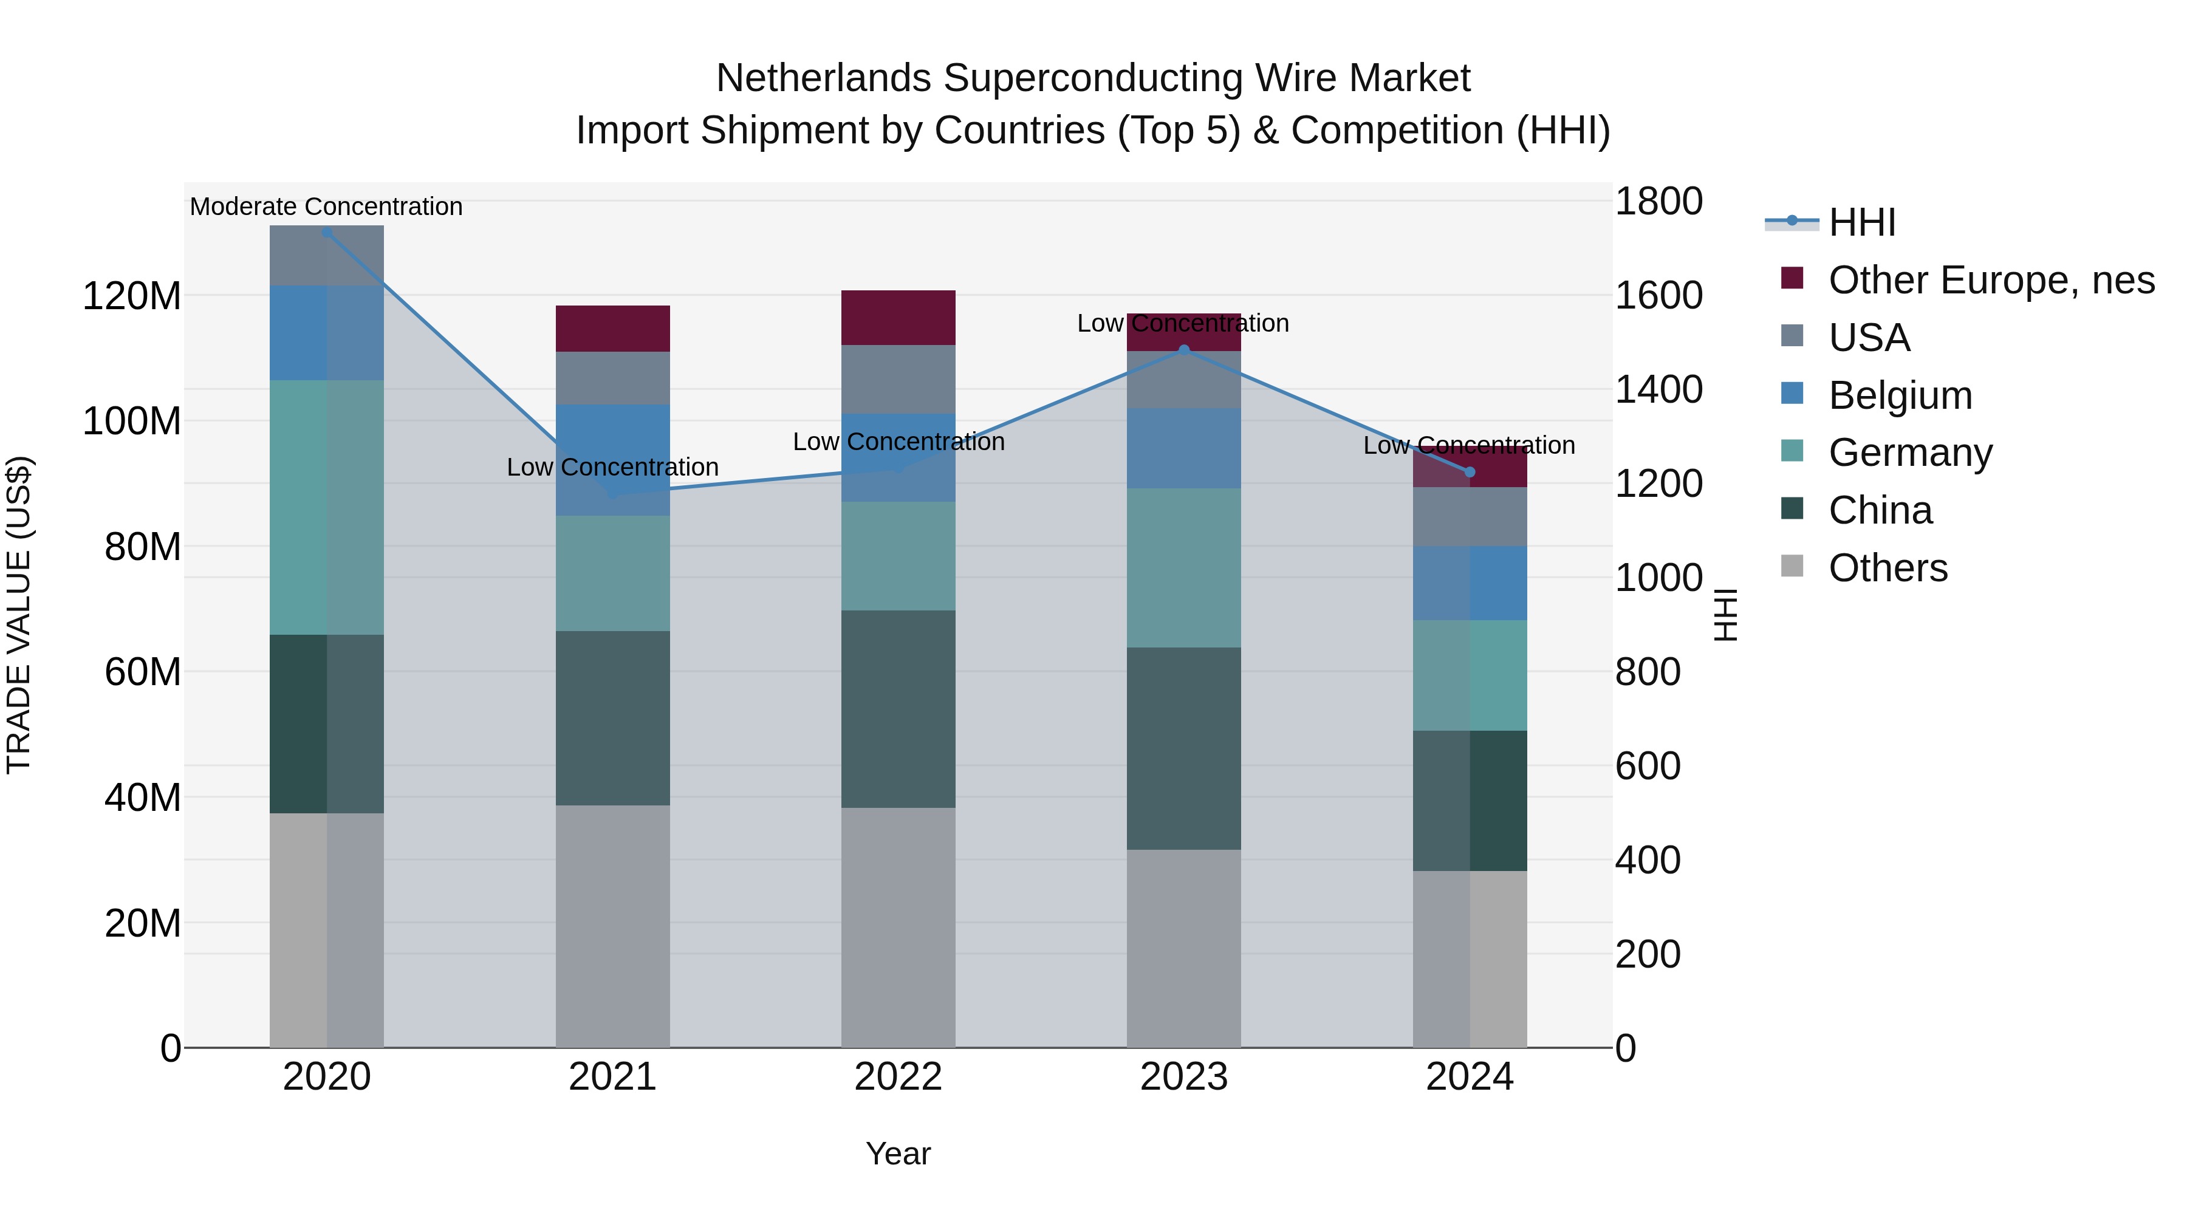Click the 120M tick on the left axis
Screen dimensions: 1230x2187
[x=132, y=296]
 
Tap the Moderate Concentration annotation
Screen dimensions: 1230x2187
[x=326, y=207]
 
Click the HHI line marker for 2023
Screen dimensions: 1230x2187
[x=1185, y=350]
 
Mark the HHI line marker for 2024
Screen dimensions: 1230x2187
[x=1470, y=472]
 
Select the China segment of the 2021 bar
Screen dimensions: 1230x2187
[x=612, y=718]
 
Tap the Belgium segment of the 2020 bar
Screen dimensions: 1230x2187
[x=326, y=333]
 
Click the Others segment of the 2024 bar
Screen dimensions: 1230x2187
[x=1470, y=958]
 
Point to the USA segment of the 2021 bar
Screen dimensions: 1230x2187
[x=612, y=378]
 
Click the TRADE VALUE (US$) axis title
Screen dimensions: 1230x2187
[x=19, y=615]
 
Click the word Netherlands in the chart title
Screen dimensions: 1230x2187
[x=824, y=78]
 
